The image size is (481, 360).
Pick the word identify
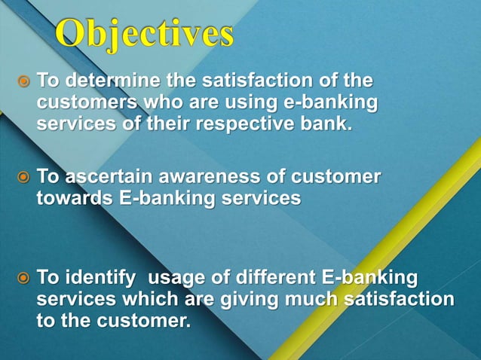click(x=103, y=278)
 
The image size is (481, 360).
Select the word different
click(x=275, y=278)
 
